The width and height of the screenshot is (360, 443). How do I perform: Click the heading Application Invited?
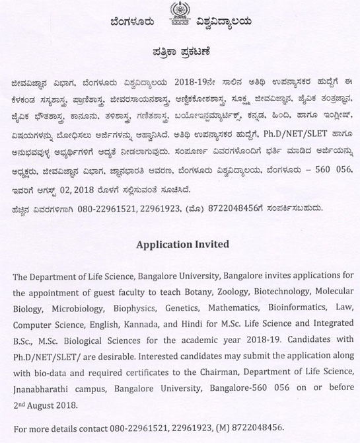click(180, 245)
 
